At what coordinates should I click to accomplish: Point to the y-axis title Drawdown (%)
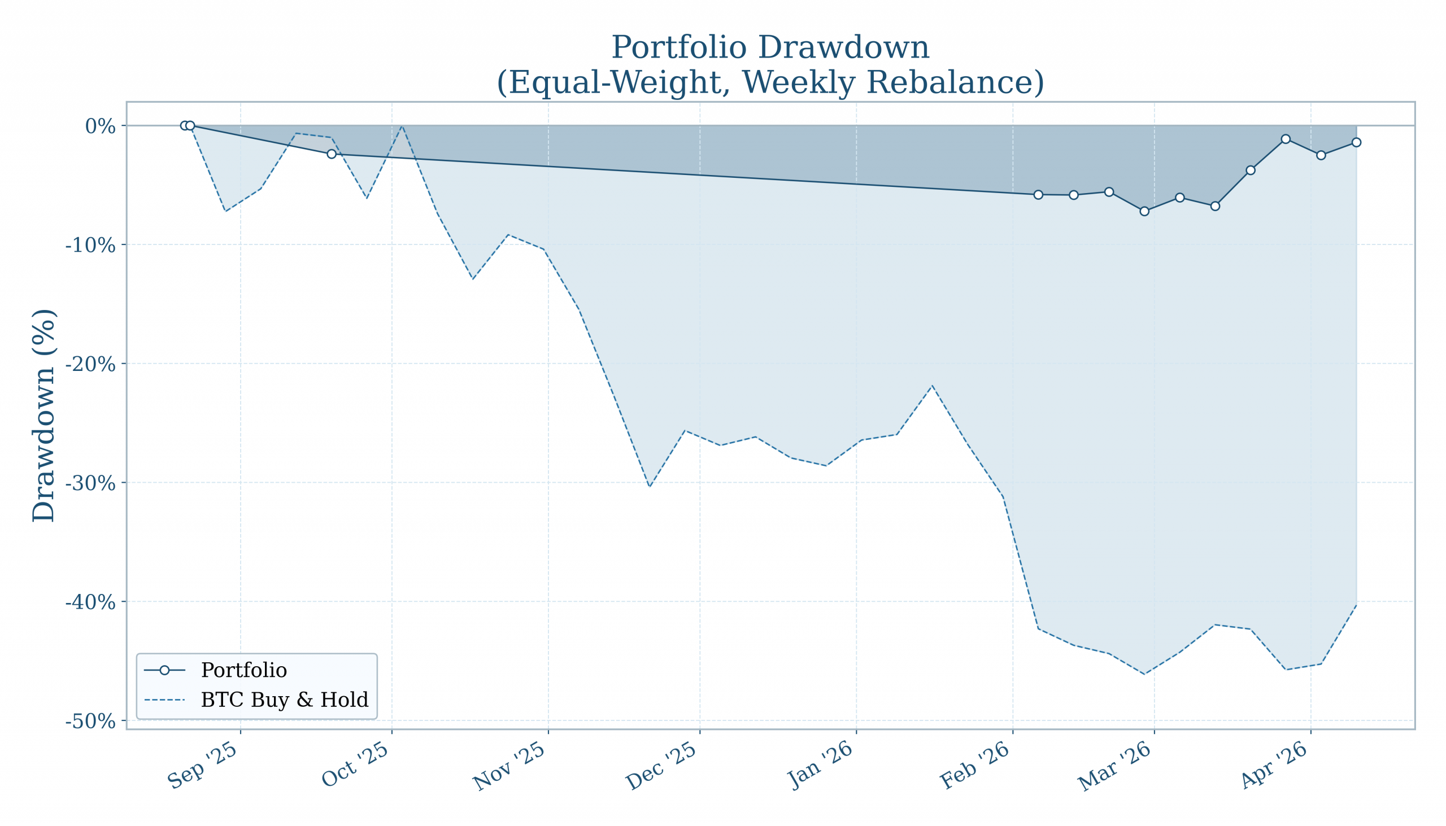tap(43, 416)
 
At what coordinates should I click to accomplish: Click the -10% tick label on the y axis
tap(90, 246)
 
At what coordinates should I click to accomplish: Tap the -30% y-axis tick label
tap(90, 483)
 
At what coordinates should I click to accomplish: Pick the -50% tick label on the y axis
tap(90, 722)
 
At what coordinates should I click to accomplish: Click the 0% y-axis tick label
tap(100, 126)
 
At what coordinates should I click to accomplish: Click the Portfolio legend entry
tap(243, 671)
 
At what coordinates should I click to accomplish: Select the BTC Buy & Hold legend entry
tap(284, 700)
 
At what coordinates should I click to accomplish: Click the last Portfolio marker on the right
tap(1356, 142)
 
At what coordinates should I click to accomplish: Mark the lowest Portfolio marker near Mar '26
tap(1144, 211)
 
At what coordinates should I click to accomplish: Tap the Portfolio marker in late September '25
tap(332, 154)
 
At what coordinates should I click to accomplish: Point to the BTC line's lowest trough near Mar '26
tap(1144, 674)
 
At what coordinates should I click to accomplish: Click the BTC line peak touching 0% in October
tap(402, 126)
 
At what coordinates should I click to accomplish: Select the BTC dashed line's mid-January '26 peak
tap(932, 386)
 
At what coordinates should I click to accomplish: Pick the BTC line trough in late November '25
tap(649, 486)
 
